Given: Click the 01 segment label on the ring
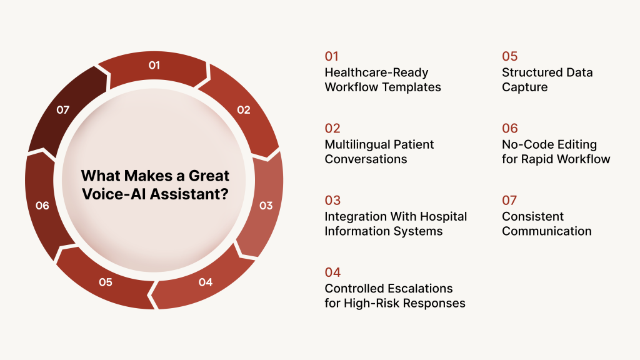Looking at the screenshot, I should (x=154, y=65).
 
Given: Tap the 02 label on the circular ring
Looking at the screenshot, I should (x=243, y=110).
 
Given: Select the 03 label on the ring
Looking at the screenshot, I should (x=266, y=206).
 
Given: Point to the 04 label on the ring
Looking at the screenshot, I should (x=205, y=282).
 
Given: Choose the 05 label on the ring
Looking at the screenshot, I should (x=105, y=282).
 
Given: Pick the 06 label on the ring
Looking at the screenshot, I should (x=42, y=206).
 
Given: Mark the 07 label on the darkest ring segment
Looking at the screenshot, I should (x=62, y=110).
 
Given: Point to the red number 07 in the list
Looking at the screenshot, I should (x=510, y=200).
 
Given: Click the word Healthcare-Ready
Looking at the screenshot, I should (x=376, y=72).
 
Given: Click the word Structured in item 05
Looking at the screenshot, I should (x=532, y=72).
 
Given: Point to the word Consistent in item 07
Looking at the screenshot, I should (x=532, y=216).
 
